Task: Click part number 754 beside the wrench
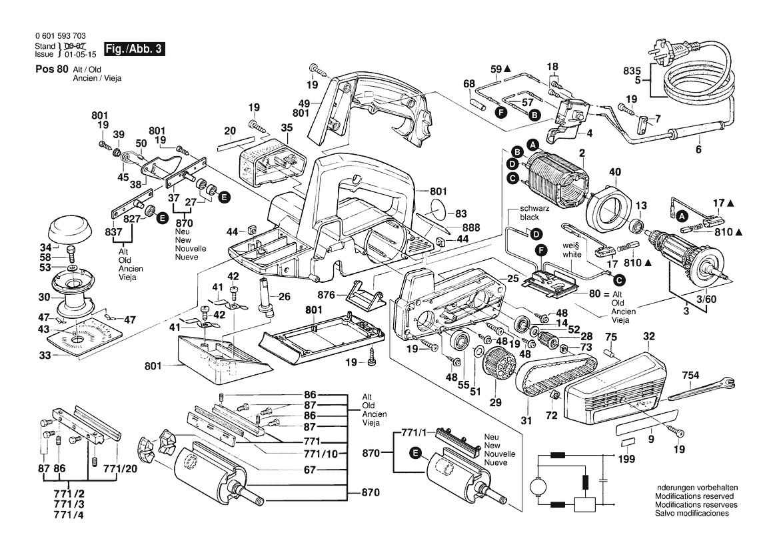click(x=690, y=377)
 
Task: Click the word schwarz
click(x=532, y=209)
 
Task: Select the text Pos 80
click(x=50, y=69)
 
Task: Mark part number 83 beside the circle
click(x=460, y=214)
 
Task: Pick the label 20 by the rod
click(x=230, y=130)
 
